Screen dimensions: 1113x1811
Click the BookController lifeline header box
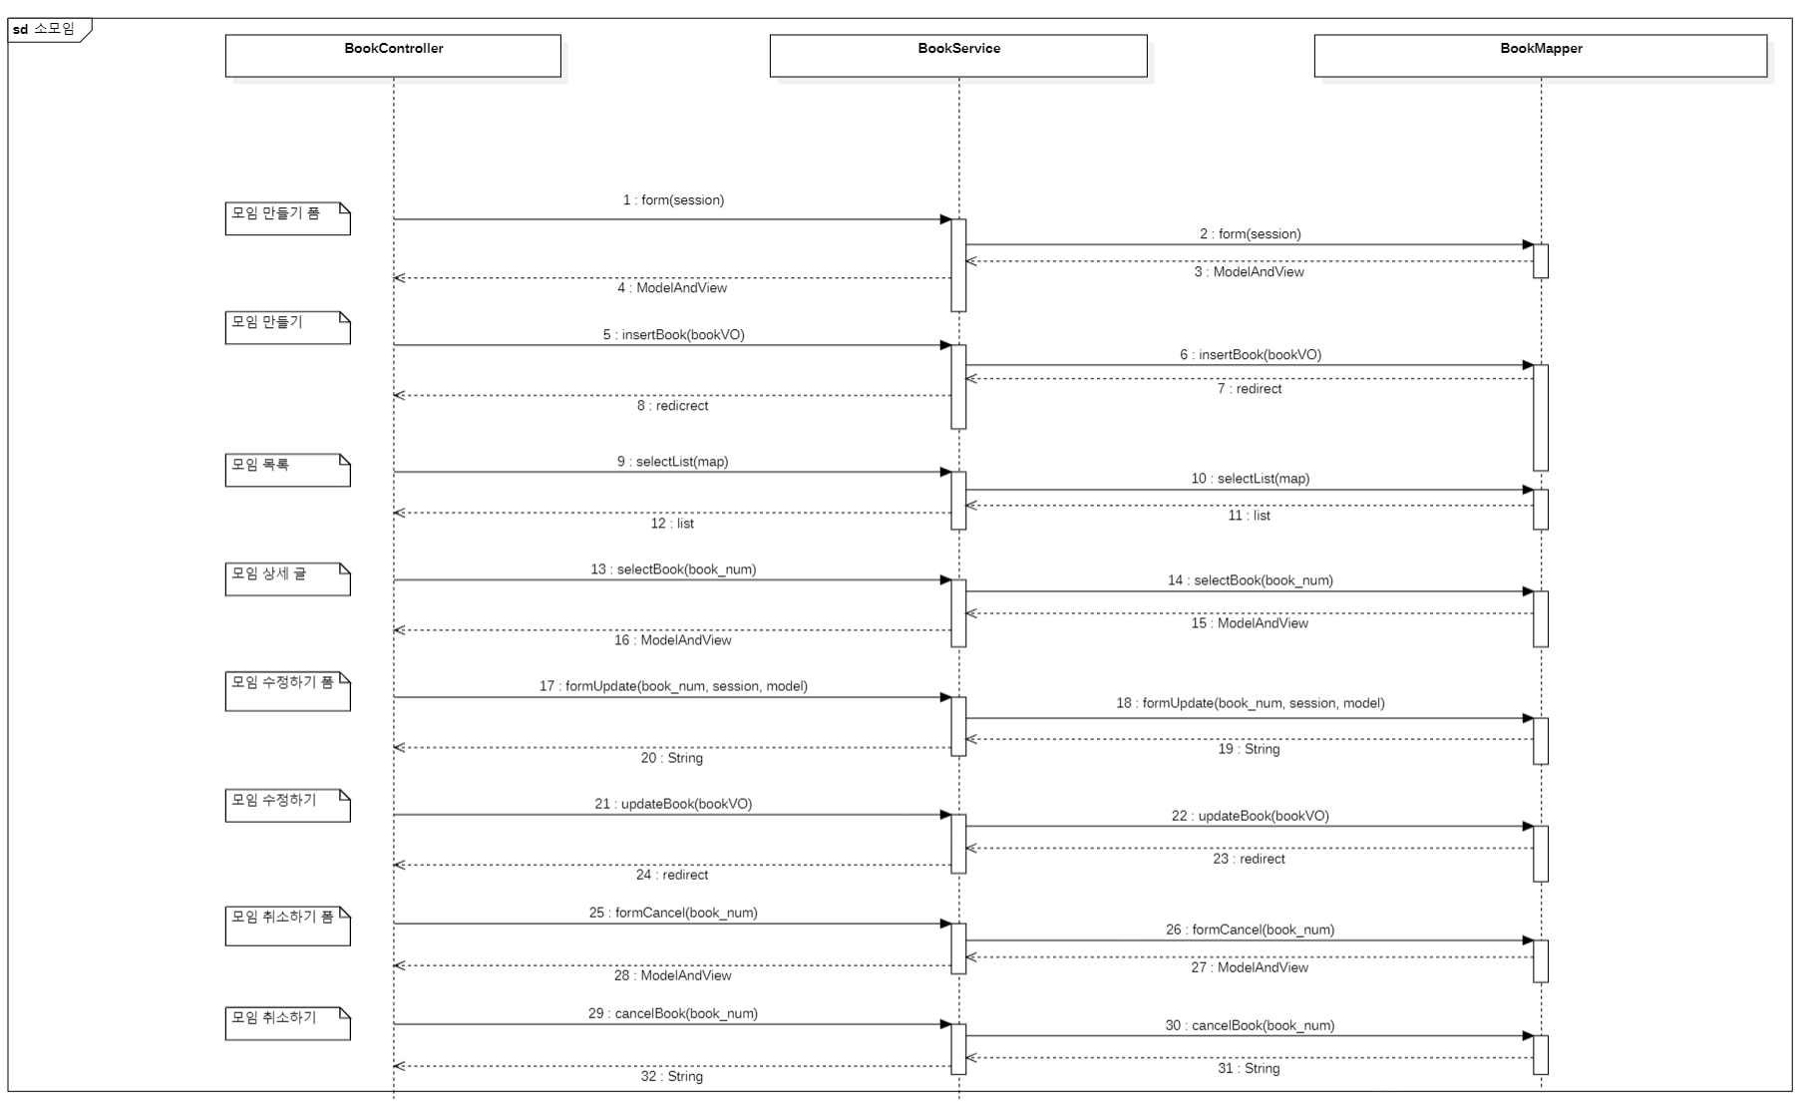(x=393, y=56)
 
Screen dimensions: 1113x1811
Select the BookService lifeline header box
(x=958, y=56)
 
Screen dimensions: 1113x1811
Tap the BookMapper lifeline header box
(x=1540, y=56)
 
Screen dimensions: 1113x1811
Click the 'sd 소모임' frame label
(x=45, y=29)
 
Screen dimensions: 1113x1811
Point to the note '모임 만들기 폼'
(x=287, y=218)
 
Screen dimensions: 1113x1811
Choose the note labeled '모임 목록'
(x=287, y=470)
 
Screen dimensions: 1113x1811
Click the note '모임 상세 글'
(x=287, y=578)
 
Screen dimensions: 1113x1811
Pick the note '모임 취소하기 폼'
(x=287, y=926)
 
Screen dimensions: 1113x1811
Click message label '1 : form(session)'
(x=673, y=200)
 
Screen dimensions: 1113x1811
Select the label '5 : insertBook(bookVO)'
(x=673, y=335)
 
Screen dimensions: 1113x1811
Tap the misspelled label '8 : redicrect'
(x=673, y=406)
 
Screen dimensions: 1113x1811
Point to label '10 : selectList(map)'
(x=1250, y=479)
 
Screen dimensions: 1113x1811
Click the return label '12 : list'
(x=672, y=524)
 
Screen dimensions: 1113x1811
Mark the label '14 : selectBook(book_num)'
(x=1250, y=580)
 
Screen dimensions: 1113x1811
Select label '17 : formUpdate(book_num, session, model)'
(x=673, y=686)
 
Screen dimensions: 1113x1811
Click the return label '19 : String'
(x=1249, y=749)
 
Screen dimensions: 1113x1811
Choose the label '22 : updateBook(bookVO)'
(x=1250, y=816)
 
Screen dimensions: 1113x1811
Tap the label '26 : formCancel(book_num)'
(x=1250, y=929)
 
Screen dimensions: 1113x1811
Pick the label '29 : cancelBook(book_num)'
(x=673, y=1013)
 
